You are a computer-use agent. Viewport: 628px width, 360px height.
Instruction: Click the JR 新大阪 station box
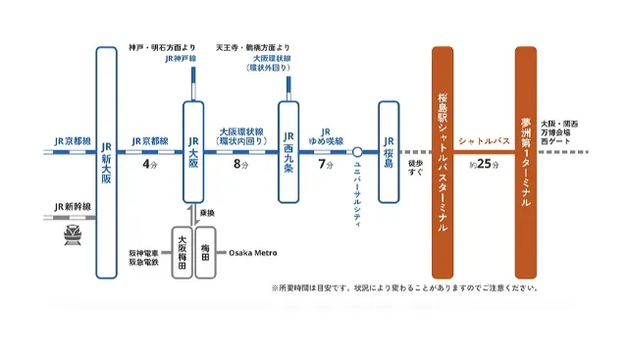click(107, 162)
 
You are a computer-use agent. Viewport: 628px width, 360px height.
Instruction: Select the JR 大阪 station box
click(194, 152)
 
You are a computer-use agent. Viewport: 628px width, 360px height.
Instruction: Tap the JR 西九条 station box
click(288, 152)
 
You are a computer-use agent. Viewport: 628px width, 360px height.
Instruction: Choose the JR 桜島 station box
click(390, 152)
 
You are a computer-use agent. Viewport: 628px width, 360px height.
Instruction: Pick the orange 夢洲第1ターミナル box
click(526, 162)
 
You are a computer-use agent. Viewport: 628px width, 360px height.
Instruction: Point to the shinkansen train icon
click(72, 234)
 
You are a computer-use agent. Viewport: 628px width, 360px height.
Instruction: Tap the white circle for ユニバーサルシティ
click(358, 152)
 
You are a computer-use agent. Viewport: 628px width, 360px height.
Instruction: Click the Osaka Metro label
click(253, 253)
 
